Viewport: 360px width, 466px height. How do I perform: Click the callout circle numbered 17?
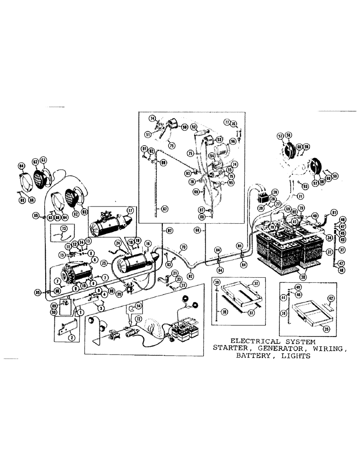(x=130, y=210)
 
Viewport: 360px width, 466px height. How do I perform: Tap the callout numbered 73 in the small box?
(x=64, y=227)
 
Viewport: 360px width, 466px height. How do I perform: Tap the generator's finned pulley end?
(x=61, y=272)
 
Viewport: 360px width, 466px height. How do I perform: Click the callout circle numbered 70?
(x=183, y=247)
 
